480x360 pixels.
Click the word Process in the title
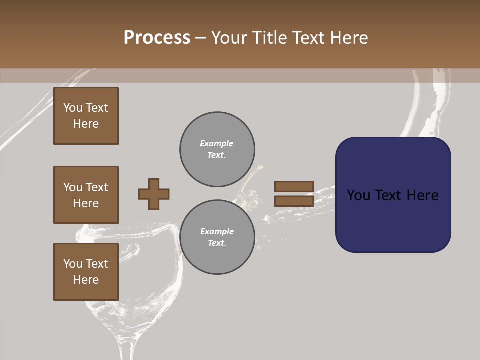[x=157, y=38]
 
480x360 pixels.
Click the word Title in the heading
[x=270, y=38]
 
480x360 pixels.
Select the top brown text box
[x=86, y=116]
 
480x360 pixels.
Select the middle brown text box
[x=86, y=195]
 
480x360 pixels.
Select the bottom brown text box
[x=86, y=272]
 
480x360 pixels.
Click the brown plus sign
[x=154, y=194]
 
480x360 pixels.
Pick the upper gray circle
[x=217, y=149]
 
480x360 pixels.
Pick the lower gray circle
[x=217, y=237]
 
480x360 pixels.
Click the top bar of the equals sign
[x=294, y=187]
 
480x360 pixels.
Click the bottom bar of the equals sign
[x=294, y=201]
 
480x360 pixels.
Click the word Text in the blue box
[x=391, y=195]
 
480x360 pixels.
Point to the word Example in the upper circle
[x=216, y=143]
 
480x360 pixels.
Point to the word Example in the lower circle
[x=217, y=231]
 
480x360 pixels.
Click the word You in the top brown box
[x=73, y=108]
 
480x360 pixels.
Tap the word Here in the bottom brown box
[x=86, y=280]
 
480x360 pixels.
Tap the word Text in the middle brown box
[x=96, y=187]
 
